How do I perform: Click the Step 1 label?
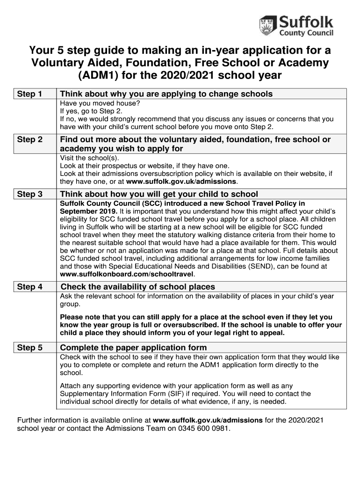(x=29, y=94)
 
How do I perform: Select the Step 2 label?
(x=29, y=139)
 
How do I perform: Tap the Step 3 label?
(x=29, y=194)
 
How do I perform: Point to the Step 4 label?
(x=29, y=287)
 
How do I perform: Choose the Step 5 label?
(x=29, y=348)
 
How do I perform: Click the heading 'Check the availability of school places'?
(x=138, y=287)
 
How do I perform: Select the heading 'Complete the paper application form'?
(x=133, y=348)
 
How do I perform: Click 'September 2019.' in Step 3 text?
(x=86, y=211)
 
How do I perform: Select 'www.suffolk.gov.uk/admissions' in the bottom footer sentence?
(x=208, y=420)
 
